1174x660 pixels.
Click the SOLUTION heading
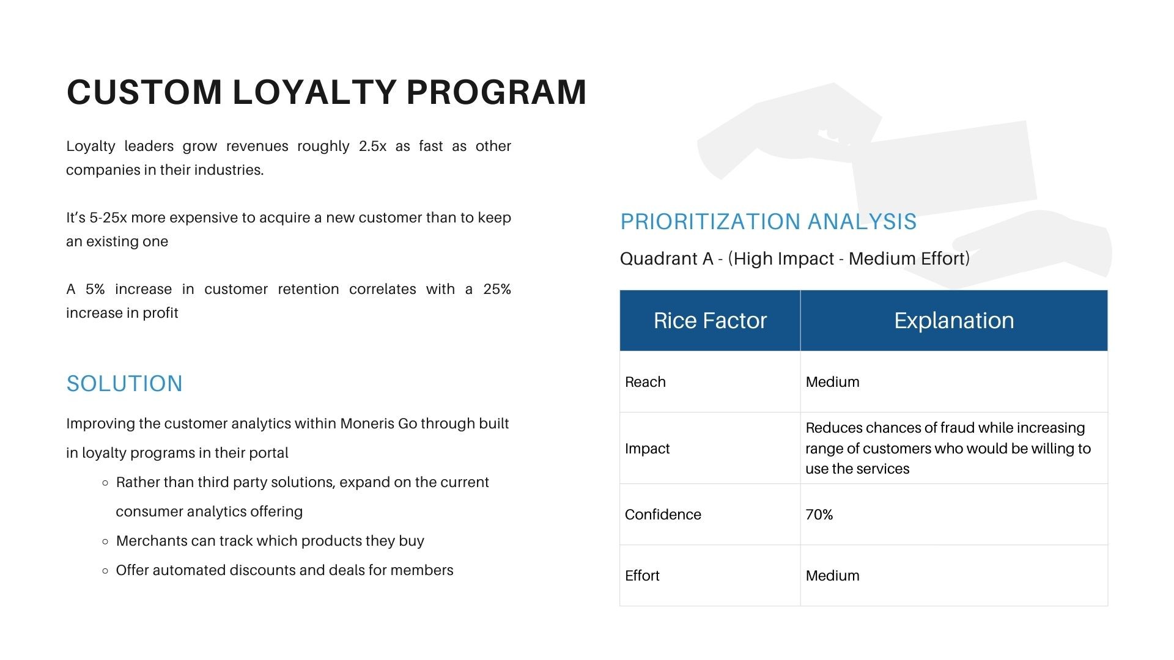(125, 384)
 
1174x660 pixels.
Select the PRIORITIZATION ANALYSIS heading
(769, 221)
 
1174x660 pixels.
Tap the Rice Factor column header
(710, 321)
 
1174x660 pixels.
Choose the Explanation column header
(954, 321)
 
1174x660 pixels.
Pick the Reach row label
(645, 382)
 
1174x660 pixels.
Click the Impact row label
(647, 449)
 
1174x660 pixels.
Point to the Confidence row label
(663, 515)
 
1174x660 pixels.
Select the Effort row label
(642, 576)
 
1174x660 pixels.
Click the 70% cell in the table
(819, 515)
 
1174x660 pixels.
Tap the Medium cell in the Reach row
(832, 382)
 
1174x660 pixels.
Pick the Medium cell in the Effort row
(832, 576)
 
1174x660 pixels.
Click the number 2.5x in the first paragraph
(372, 146)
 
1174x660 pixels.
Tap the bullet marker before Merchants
(105, 541)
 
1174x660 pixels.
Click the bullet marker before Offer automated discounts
(105, 571)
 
